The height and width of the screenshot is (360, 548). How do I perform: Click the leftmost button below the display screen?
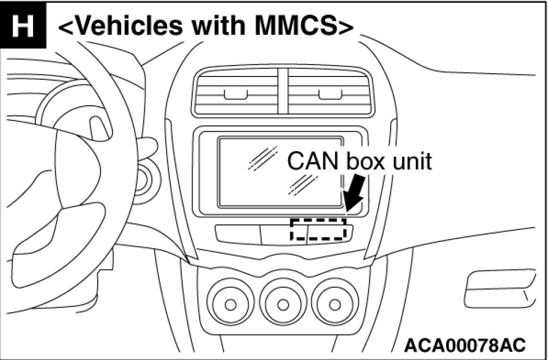238,234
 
